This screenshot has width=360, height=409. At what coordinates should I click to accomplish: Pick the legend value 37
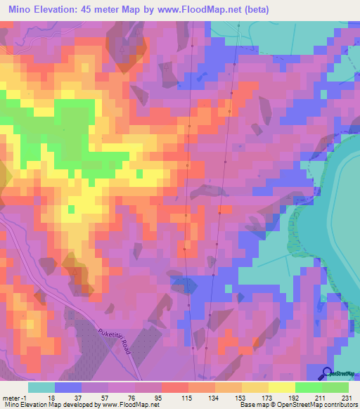(68, 397)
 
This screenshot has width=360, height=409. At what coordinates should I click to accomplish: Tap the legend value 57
(95, 397)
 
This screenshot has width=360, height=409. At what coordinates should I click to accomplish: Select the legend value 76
(122, 397)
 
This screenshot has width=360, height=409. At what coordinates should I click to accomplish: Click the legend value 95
(148, 397)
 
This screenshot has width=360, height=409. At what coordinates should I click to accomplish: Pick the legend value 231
(335, 397)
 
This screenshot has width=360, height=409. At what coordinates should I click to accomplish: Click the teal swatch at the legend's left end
(41, 387)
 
